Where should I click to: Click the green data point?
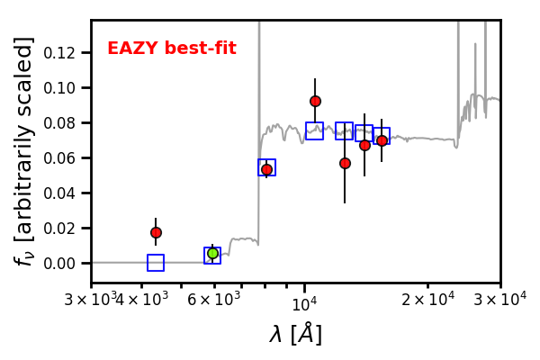(x=212, y=254)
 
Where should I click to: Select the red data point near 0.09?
(x=315, y=102)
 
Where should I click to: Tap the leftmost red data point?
(x=156, y=232)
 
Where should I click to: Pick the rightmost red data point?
(x=382, y=140)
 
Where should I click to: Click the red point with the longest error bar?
(x=345, y=163)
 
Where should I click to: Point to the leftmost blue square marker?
(x=156, y=263)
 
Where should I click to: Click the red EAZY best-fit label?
(x=172, y=48)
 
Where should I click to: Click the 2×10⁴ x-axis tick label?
(x=428, y=300)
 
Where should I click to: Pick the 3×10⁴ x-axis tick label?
(x=500, y=300)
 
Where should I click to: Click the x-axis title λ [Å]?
(x=296, y=334)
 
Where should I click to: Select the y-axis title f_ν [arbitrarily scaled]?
(x=23, y=150)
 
